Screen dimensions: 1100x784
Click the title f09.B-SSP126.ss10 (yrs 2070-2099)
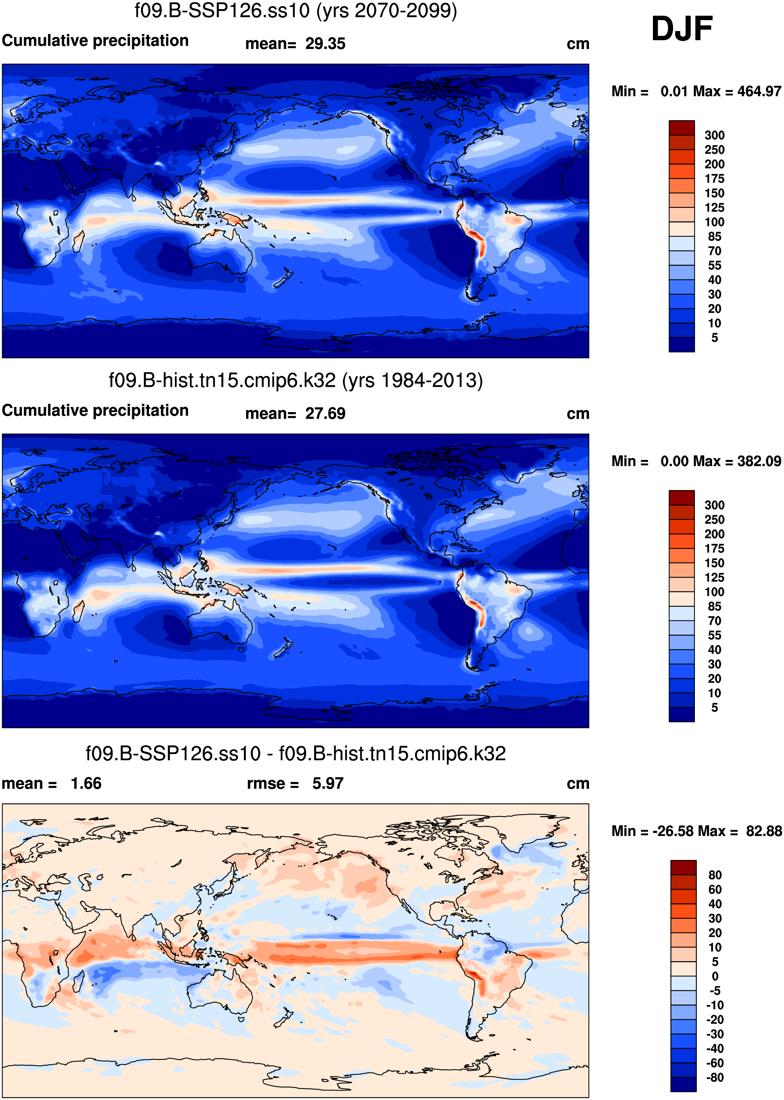click(295, 11)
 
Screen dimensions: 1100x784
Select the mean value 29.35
click(325, 44)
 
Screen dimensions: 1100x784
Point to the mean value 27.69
click(325, 414)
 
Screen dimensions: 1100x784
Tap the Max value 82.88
click(764, 831)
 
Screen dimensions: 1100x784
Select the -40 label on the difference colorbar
click(715, 1048)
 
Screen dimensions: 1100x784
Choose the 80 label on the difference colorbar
click(715, 875)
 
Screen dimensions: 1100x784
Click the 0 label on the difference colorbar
click(715, 977)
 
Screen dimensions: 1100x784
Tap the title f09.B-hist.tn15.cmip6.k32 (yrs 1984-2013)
click(295, 381)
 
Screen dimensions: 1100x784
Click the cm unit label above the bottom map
click(577, 783)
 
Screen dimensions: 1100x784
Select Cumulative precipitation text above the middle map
click(95, 411)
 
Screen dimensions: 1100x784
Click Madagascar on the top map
click(78, 241)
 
